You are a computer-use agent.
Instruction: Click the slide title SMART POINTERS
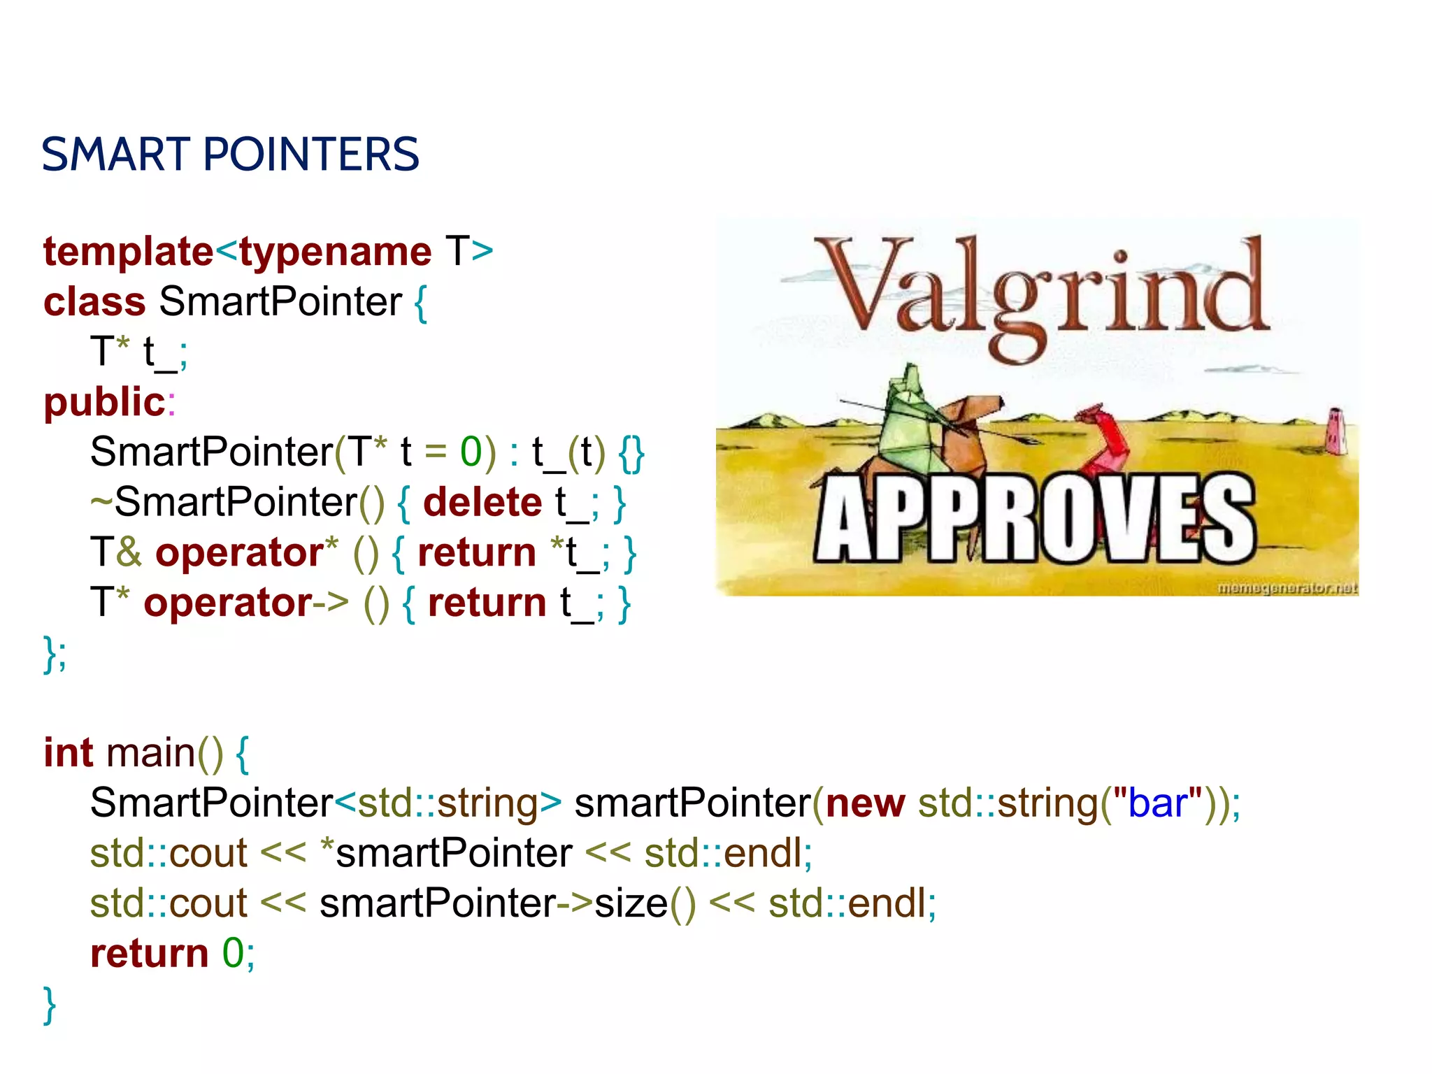(230, 155)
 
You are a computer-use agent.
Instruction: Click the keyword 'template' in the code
(128, 252)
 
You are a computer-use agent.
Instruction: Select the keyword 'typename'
(336, 252)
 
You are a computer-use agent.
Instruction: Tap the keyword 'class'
(94, 302)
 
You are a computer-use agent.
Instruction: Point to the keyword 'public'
(104, 402)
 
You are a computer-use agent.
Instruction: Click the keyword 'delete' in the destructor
(482, 502)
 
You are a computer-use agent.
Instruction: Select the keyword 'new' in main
(865, 803)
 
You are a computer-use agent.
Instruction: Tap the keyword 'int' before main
(68, 753)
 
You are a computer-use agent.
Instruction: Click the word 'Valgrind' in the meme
(1042, 294)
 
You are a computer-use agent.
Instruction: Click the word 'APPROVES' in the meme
(1035, 519)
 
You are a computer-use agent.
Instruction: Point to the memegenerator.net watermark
(1287, 588)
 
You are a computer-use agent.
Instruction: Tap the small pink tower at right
(1336, 430)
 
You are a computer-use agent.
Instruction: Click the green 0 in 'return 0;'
(233, 953)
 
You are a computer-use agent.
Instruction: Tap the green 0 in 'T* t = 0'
(471, 452)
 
